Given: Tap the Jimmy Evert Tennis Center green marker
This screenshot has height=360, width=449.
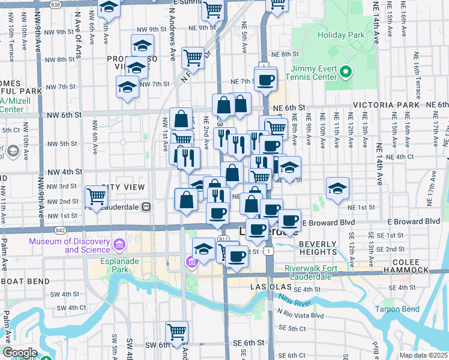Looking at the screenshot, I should point(345,73).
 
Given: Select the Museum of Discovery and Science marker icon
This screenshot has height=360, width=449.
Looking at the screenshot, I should point(119,245).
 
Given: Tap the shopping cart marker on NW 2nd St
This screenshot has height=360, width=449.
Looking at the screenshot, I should point(96,196).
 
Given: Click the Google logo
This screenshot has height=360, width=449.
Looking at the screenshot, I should point(20,353).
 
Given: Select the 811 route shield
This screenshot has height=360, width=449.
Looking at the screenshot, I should point(223,239).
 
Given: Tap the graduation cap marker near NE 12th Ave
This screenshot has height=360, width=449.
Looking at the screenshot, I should point(338,188).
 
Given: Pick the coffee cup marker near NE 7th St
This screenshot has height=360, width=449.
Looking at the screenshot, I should point(265,79).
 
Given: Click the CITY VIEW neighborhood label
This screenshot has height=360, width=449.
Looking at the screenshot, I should point(123,187).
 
